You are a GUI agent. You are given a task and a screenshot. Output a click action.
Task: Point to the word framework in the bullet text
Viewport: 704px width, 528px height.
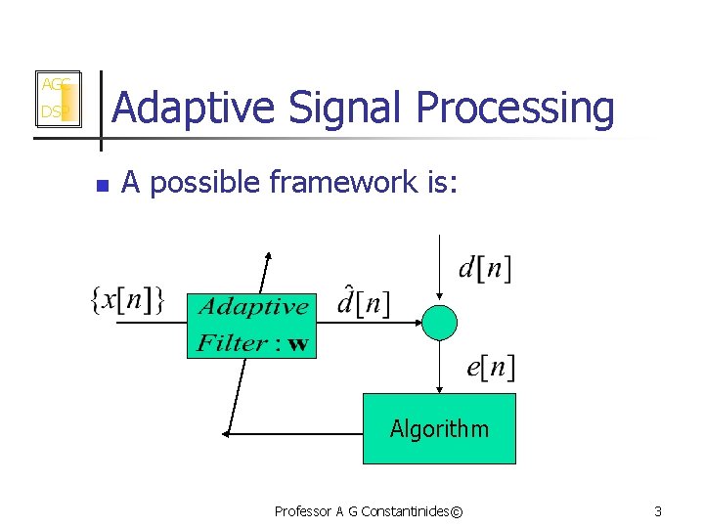pos(342,183)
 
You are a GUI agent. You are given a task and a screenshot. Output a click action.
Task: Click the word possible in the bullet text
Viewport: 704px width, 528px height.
pos(203,183)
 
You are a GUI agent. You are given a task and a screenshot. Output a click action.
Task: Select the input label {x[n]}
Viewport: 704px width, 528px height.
pos(127,300)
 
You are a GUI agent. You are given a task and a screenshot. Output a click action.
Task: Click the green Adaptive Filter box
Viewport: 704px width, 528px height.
pos(251,324)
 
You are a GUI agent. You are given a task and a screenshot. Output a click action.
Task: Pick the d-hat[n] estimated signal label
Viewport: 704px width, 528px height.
pos(363,302)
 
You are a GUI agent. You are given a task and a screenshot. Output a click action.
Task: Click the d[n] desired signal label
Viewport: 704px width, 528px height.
pos(484,266)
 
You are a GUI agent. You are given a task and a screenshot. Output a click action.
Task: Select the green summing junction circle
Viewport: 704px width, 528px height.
pos(439,322)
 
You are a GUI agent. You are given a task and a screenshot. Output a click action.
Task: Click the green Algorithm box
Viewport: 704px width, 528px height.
pos(439,428)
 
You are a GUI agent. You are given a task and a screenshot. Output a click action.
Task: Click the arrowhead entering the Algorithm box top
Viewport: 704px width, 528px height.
pos(439,387)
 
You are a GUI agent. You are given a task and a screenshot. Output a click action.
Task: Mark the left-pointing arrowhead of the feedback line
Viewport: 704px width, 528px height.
pos(227,431)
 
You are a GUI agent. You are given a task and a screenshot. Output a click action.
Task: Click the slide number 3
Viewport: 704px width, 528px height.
pos(658,511)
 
